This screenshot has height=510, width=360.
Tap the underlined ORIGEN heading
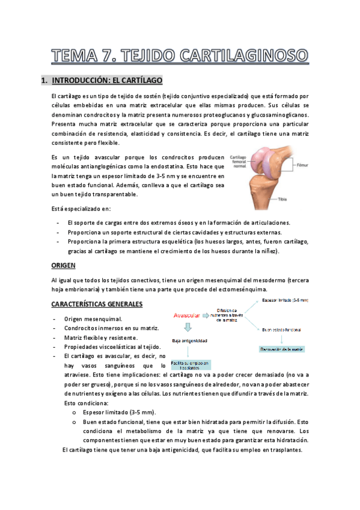coord(64,265)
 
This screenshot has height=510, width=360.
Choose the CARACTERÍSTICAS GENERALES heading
coord(97,304)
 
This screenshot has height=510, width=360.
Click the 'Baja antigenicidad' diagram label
coord(189,341)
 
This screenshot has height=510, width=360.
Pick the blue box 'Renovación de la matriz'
coord(281,349)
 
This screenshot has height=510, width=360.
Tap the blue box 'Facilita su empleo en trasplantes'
coord(189,364)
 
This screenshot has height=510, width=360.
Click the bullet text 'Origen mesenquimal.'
coord(93,319)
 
